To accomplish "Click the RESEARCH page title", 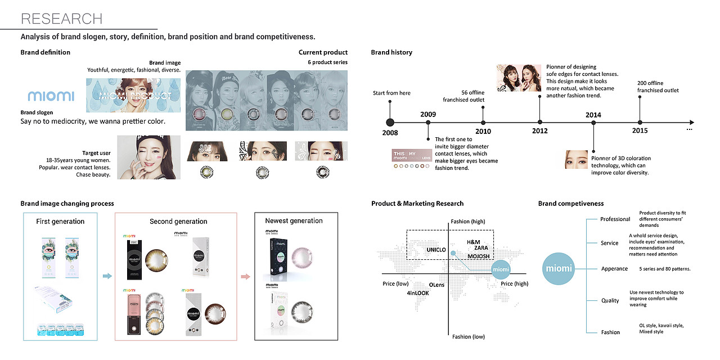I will coord(61,19).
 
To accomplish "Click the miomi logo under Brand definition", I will coord(51,96).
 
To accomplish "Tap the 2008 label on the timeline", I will coord(390,133).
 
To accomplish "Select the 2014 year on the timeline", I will coord(593,115).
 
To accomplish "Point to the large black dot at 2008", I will coord(390,122).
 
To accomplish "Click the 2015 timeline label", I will coord(640,130).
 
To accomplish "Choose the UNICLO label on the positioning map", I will coord(436,249).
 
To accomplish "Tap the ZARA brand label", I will coord(481,247).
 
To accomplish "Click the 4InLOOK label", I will coord(418,293).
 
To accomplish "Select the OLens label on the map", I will coord(436,285).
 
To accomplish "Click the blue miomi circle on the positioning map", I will coord(501,269).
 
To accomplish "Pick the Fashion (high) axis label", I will coord(468,222).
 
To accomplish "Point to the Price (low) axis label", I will coord(395,283).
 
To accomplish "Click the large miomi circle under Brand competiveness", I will coord(559,268).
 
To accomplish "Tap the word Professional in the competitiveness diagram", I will coord(615,219).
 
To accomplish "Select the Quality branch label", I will coord(610,300).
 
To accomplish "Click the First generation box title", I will coord(60,222).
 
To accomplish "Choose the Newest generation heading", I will coord(294,221).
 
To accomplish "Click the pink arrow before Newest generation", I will coord(245,276).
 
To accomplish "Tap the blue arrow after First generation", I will coord(106,276).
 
